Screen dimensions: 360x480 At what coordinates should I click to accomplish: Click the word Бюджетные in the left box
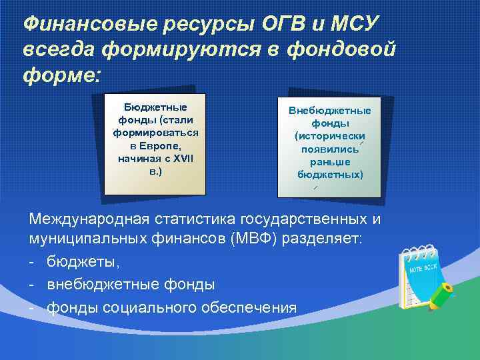coord(155,107)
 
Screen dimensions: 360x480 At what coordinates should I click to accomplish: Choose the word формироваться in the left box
coord(155,133)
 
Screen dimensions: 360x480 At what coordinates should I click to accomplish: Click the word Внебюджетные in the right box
coord(330,111)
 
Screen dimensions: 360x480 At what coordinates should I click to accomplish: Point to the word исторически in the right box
coord(330,136)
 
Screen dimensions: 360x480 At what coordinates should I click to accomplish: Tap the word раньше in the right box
coord(330,161)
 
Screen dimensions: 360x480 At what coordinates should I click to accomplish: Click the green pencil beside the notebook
coord(441,295)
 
